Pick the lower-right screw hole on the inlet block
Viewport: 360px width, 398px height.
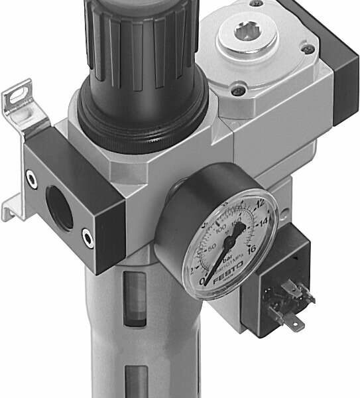[87, 235]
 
